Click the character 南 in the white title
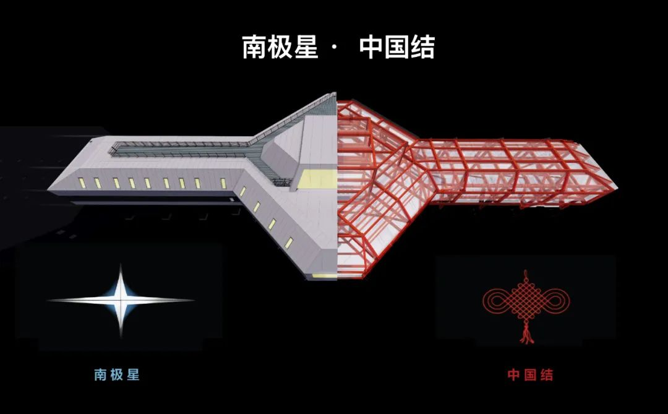point(254,47)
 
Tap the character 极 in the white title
point(280,47)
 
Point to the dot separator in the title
point(333,47)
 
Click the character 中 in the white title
point(371,47)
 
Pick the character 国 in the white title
point(397,47)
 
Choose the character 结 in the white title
point(422,47)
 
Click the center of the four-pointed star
point(121,300)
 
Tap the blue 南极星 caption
point(117,375)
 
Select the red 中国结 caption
point(531,375)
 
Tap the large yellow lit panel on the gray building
point(317,179)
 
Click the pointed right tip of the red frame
point(617,187)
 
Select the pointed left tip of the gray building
point(49,188)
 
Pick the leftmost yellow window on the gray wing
point(82,183)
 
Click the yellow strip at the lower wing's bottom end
point(325,276)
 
